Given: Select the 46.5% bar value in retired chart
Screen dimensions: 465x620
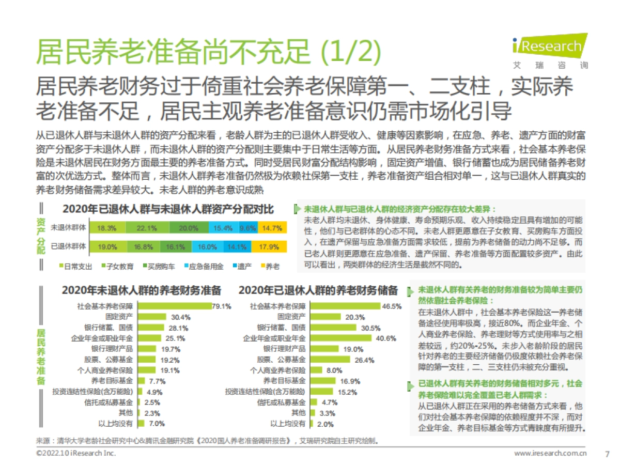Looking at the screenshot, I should [391, 306].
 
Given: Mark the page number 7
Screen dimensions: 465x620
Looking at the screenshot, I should [607, 454].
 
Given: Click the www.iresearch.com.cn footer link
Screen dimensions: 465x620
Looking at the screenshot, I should [550, 453].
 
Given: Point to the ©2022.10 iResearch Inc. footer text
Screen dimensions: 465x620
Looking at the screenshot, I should [76, 453].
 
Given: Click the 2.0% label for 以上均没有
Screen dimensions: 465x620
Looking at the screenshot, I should [325, 424].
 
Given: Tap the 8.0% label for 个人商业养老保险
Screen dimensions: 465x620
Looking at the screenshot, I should [334, 370].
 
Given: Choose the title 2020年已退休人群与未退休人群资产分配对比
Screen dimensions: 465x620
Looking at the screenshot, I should [168, 209].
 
